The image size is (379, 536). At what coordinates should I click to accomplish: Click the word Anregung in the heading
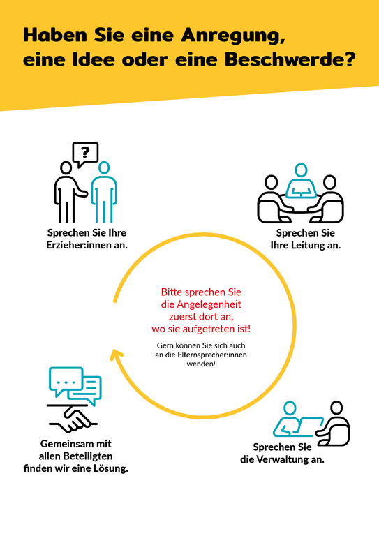click(232, 35)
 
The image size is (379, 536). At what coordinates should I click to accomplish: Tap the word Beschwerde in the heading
click(290, 59)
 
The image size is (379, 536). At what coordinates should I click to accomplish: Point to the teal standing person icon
click(104, 192)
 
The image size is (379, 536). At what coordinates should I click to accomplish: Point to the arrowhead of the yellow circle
click(116, 355)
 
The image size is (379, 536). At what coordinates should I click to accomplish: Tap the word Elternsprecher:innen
click(212, 355)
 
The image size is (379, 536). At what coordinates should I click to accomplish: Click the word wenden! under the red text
click(201, 364)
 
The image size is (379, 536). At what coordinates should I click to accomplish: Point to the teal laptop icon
click(309, 426)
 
